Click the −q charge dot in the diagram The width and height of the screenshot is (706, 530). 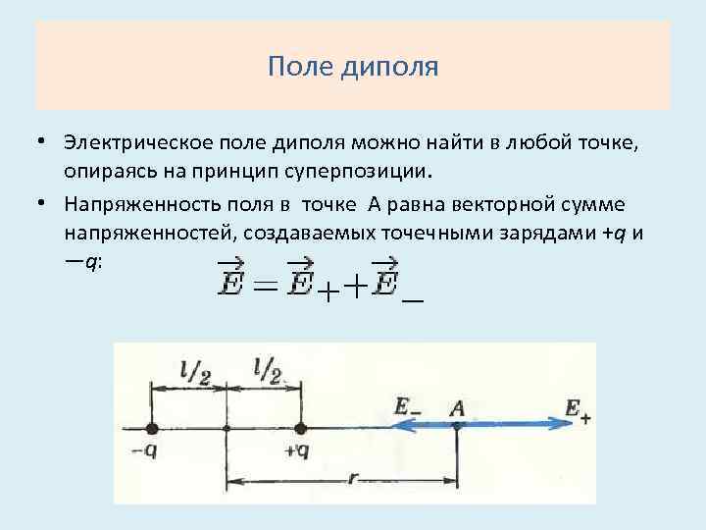[x=151, y=428]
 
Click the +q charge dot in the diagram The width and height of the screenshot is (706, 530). [x=301, y=428]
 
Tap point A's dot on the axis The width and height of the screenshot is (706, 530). [x=457, y=427]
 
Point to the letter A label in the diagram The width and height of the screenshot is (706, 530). [x=456, y=405]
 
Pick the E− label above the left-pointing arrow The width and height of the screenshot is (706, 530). [x=406, y=405]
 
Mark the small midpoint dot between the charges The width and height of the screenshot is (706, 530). [x=227, y=429]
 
